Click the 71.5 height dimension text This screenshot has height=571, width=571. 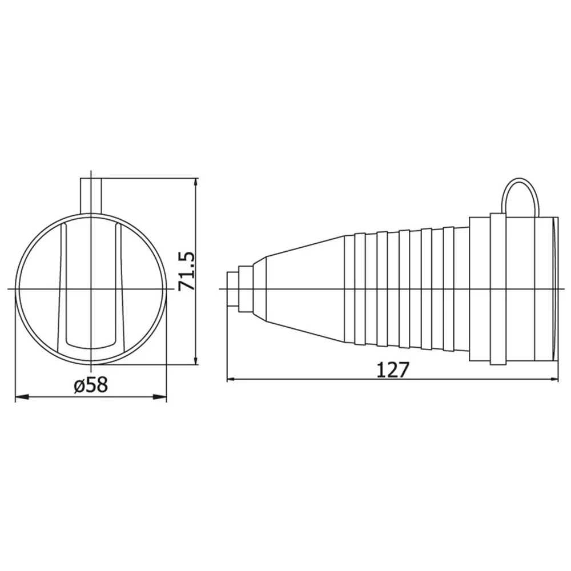(187, 271)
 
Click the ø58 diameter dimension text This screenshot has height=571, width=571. (91, 384)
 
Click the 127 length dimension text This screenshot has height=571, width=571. (393, 369)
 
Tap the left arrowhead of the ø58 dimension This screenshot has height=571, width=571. (22, 397)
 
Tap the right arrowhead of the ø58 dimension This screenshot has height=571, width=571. (159, 397)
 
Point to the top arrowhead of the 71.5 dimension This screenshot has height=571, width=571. (196, 184)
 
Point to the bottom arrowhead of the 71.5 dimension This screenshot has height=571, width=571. (196, 357)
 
